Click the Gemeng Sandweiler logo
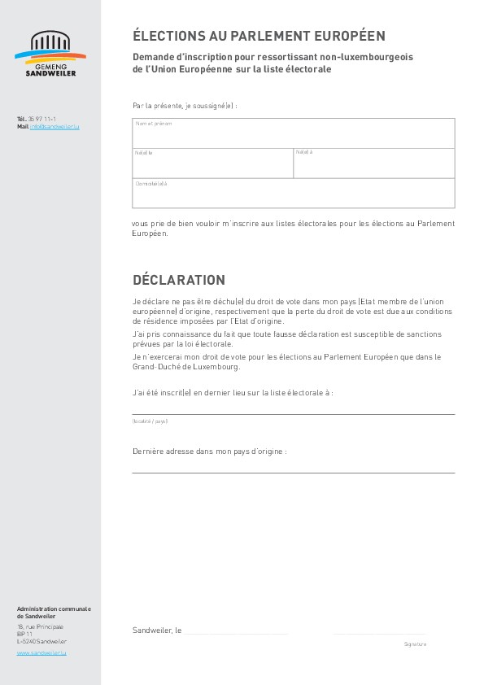click(50, 54)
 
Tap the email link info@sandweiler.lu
click(55, 127)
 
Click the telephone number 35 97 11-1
click(42, 119)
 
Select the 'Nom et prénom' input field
click(293, 134)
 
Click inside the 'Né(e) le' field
click(212, 164)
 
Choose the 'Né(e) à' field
click(373, 164)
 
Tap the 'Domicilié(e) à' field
click(293, 194)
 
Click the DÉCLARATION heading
click(179, 280)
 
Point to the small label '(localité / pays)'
click(150, 421)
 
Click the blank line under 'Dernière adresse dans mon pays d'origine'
click(293, 471)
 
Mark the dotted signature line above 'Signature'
click(379, 632)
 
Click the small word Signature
click(415, 644)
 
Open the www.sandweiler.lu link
click(41, 652)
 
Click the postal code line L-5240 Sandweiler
click(41, 641)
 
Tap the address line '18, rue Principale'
click(40, 626)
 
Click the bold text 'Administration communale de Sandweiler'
click(54, 612)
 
